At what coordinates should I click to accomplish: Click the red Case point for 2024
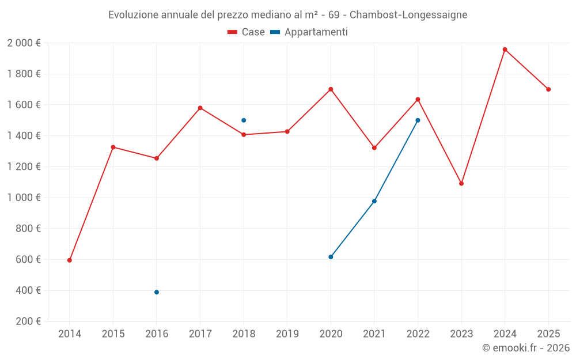click(505, 50)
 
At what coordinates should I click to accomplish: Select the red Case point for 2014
click(70, 260)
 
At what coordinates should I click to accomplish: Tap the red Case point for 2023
click(461, 184)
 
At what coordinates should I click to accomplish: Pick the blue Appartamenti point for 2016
click(157, 292)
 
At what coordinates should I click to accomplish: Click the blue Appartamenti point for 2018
click(244, 120)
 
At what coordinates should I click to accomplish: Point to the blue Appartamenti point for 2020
click(331, 257)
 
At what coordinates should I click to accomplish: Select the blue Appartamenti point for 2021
click(374, 201)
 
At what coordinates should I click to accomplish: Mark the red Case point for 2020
click(331, 89)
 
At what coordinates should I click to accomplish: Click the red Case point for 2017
click(200, 108)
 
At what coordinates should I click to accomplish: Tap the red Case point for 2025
click(548, 89)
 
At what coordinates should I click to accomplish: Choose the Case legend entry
click(247, 32)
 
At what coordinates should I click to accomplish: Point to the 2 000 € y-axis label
click(24, 43)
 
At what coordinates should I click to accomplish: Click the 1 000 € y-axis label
click(24, 198)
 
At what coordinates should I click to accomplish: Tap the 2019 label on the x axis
click(287, 334)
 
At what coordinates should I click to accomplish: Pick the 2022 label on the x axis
click(418, 334)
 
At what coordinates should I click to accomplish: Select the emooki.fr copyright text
click(525, 348)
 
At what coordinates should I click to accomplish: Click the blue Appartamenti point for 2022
click(418, 120)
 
